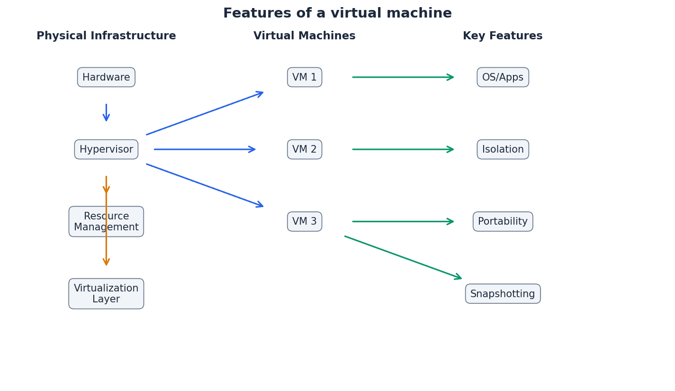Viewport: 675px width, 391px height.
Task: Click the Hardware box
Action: pyautogui.click(x=106, y=77)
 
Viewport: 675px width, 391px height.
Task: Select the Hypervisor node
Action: pyautogui.click(x=106, y=149)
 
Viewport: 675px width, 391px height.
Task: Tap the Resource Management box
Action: pyautogui.click(x=106, y=221)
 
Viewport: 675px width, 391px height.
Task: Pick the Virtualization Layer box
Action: pyautogui.click(x=106, y=294)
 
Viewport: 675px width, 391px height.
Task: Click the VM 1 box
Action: pyautogui.click(x=305, y=77)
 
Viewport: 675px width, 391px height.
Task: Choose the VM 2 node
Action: pyautogui.click(x=305, y=149)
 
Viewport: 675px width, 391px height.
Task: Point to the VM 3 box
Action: pyautogui.click(x=305, y=221)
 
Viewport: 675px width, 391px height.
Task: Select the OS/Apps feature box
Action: pyautogui.click(x=503, y=77)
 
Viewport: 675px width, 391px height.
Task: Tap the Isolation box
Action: pyautogui.click(x=503, y=149)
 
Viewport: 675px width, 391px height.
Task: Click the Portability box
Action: pyautogui.click(x=503, y=221)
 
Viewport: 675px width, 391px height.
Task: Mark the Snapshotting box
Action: pyautogui.click(x=503, y=294)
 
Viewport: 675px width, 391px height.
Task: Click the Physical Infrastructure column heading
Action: pyautogui.click(x=106, y=36)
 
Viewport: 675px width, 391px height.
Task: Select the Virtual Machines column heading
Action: pyautogui.click(x=305, y=36)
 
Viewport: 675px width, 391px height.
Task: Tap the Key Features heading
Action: pyautogui.click(x=503, y=36)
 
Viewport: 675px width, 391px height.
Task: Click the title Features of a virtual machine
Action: pyautogui.click(x=337, y=13)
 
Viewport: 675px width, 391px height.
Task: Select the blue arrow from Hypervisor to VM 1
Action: pyautogui.click(x=205, y=113)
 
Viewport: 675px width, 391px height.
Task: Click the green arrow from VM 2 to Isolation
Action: pyautogui.click(x=403, y=149)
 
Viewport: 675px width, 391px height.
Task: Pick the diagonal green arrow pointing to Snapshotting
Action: pyautogui.click(x=403, y=257)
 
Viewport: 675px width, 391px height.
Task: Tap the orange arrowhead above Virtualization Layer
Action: pyautogui.click(x=106, y=262)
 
